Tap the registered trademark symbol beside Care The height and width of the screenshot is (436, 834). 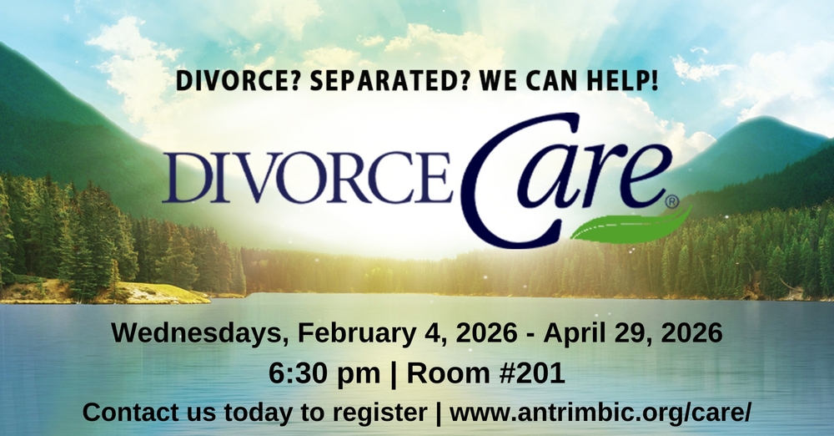point(673,201)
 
